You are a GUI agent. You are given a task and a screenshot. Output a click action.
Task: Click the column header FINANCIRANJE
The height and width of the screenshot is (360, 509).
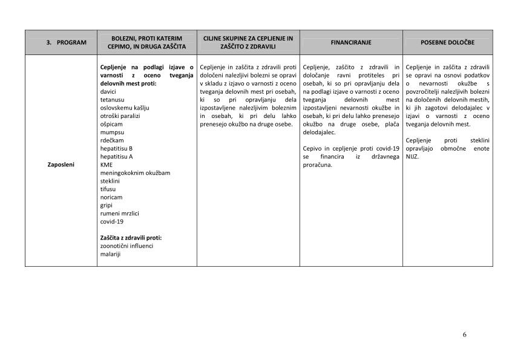[351, 43]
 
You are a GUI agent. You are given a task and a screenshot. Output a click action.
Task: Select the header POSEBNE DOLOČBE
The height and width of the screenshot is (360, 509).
[447, 43]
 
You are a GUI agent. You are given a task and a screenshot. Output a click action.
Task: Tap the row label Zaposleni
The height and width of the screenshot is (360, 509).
[61, 164]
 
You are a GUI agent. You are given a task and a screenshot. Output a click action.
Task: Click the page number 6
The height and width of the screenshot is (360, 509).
[464, 334]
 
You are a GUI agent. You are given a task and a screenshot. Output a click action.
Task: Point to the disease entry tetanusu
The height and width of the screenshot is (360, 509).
[112, 100]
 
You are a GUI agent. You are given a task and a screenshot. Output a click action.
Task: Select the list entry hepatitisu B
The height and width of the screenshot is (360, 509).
[116, 148]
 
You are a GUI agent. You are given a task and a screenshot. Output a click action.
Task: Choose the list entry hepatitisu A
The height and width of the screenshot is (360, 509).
[116, 156]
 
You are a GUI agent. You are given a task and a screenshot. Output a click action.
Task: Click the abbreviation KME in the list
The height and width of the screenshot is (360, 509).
[106, 164]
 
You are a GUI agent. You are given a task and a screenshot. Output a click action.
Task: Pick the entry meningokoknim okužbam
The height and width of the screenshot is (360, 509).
[135, 172]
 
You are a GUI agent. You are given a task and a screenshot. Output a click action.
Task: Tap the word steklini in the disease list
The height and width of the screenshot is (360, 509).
[110, 180]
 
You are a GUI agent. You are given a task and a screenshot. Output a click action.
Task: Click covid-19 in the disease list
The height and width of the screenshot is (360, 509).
[112, 221]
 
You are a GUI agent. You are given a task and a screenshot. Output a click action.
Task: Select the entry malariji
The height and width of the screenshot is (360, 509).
[111, 254]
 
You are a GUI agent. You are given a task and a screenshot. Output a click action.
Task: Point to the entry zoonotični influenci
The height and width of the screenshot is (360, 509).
[126, 246]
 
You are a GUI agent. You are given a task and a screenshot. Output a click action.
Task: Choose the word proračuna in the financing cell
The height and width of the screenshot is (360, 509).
[317, 164]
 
